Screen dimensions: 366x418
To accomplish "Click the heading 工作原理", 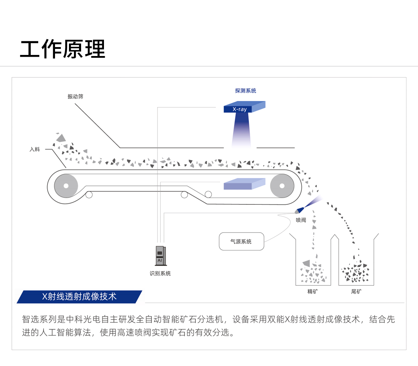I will point(63,49).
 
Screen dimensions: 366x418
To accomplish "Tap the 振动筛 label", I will point(75,96).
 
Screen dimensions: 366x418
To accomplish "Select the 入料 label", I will point(35,149).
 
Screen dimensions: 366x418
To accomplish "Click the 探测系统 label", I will point(245,91).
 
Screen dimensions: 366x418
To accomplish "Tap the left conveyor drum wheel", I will point(66,186).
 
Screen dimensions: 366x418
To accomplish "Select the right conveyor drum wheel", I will point(282,186).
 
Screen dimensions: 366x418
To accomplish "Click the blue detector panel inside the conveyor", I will point(244,184).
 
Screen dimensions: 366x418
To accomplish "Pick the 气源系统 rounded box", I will point(242,242).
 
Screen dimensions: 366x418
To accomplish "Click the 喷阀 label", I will point(301,220).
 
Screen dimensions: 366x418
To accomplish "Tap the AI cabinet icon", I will point(160,256).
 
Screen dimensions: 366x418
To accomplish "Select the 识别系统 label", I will point(160,274).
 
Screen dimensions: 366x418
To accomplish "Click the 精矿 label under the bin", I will point(313,291).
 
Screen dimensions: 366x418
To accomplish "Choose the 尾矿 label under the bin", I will point(356,291).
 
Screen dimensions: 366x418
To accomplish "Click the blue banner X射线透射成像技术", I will point(79,297).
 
